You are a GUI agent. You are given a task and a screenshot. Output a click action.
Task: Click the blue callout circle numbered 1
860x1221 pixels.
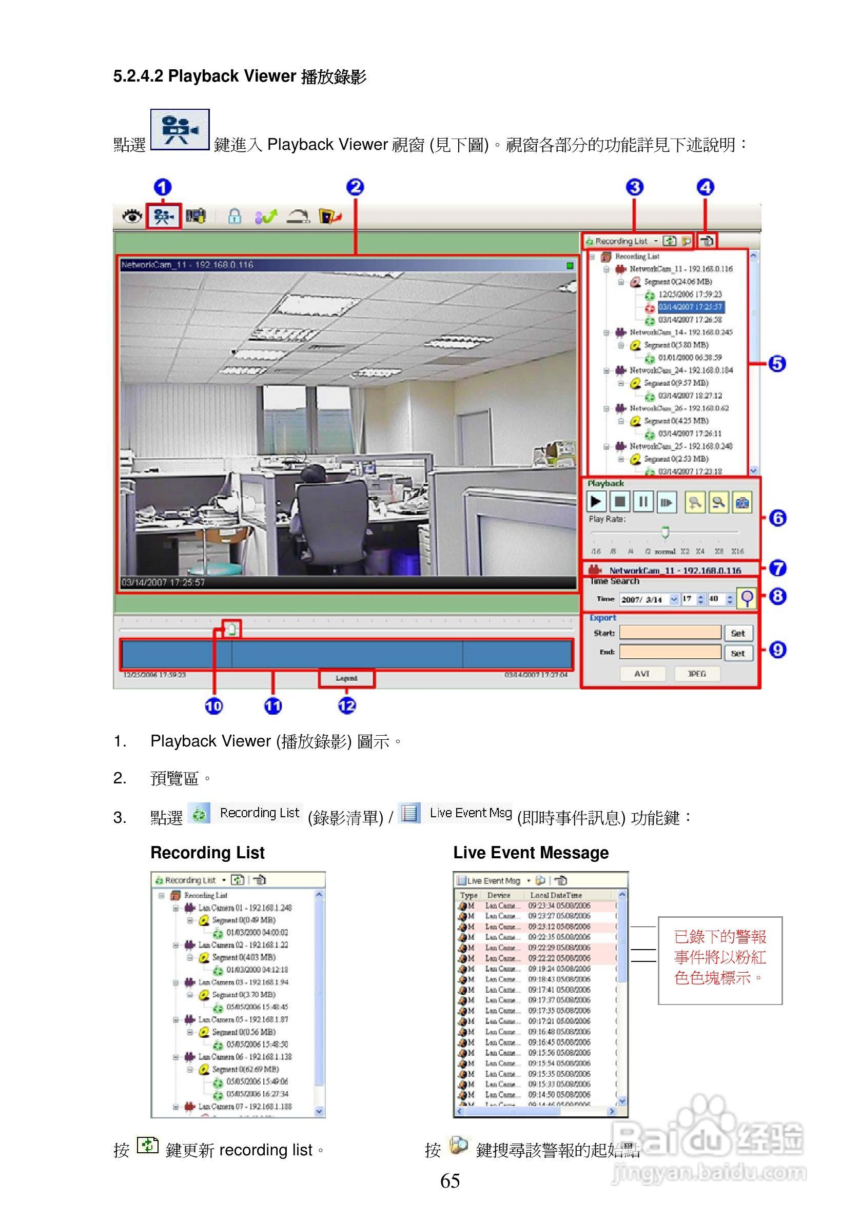point(163,187)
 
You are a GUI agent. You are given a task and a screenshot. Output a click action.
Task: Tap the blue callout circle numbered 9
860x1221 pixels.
point(777,650)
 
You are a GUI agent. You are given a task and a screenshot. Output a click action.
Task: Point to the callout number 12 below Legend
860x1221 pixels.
point(347,706)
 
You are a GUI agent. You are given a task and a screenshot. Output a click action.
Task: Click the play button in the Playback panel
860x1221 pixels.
point(596,502)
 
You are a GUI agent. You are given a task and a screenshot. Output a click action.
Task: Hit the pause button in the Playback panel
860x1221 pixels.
point(643,502)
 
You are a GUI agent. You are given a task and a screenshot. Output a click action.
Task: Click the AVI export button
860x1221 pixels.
point(641,674)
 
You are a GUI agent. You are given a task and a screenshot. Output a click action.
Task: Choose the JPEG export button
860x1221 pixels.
point(697,674)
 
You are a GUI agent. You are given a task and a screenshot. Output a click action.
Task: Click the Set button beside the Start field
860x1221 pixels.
point(738,634)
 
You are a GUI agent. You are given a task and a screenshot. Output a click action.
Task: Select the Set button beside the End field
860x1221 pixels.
point(738,654)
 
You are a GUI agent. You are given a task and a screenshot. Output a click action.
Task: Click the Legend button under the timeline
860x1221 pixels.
point(346,679)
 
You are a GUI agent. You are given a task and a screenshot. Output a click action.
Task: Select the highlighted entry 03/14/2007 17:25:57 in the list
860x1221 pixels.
point(690,307)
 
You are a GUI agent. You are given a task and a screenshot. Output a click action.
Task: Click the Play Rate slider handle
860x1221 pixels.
point(665,532)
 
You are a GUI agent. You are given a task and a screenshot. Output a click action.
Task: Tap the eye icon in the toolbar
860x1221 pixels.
point(132,216)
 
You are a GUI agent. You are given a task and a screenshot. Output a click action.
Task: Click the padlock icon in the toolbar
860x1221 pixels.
point(234,216)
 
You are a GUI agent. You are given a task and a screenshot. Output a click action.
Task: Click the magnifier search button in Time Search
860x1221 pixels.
point(747,599)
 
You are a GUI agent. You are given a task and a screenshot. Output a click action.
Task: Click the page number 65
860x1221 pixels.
point(450,1181)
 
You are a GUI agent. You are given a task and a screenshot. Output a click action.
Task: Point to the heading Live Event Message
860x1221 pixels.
point(530,853)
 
